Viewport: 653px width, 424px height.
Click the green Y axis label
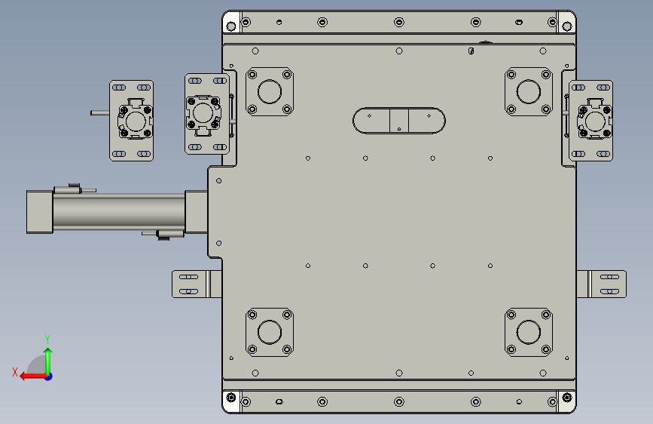[x=47, y=339]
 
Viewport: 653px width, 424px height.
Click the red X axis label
[x=15, y=372]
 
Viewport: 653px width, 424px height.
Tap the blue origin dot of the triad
[x=49, y=376]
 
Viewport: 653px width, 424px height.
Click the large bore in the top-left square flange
[x=270, y=91]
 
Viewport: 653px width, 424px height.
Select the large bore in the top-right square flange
[x=529, y=91]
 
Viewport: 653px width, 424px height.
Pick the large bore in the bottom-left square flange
[x=270, y=332]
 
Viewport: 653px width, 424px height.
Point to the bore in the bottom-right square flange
[x=529, y=332]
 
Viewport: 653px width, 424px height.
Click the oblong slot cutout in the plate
[x=399, y=121]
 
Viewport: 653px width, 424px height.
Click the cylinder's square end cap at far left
[x=40, y=212]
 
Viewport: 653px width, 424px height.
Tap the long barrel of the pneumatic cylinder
[x=119, y=211]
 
